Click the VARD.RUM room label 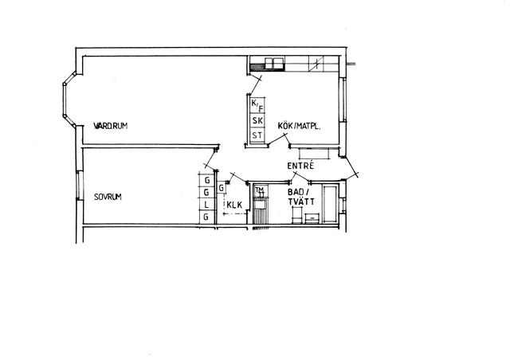111,126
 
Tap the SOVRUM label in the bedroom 108,197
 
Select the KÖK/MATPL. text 300,126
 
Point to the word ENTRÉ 300,166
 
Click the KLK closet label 234,205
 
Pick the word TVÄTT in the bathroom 301,202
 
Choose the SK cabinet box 257,120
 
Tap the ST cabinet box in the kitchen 257,135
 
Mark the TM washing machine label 259,190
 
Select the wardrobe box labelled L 206,205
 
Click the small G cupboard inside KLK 222,188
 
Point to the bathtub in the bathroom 331,204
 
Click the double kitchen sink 274,64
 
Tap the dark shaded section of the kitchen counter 257,67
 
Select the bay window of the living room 69,100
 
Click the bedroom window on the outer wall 78,186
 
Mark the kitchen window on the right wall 342,100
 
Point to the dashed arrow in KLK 234,213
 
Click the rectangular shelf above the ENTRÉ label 315,154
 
